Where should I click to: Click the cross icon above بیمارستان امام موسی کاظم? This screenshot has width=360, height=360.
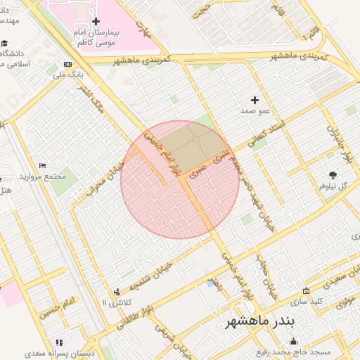tap(96, 22)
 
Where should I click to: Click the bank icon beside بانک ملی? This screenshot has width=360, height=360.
tap(67, 64)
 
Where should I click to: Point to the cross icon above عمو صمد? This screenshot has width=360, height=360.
tap(255, 101)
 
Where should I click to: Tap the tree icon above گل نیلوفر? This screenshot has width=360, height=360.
tap(333, 175)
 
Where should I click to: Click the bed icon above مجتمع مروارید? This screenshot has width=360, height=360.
tap(43, 165)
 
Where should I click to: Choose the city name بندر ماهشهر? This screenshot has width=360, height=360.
tap(262, 322)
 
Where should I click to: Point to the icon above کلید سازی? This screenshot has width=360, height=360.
tap(306, 291)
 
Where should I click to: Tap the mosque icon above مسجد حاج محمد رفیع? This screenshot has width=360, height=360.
tap(293, 341)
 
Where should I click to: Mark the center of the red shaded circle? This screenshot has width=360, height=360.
tap(180, 180)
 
